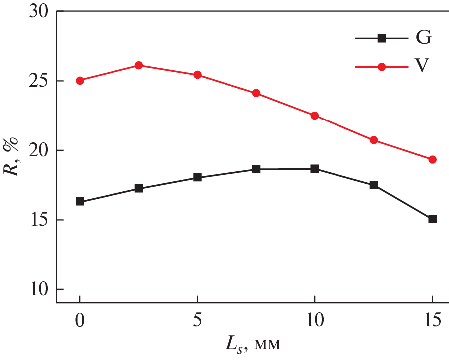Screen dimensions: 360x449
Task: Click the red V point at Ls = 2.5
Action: tap(139, 65)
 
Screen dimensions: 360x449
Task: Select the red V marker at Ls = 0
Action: tap(80, 80)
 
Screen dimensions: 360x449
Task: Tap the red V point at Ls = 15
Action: tap(432, 159)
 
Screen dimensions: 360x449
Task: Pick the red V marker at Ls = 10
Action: tap(315, 116)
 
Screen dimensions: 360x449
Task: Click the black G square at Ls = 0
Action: tap(80, 202)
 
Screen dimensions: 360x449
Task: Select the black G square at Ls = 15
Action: tap(432, 219)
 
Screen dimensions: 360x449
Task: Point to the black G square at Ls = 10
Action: tap(315, 169)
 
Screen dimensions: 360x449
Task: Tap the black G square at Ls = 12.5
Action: tap(374, 185)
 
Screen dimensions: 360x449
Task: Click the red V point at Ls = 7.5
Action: tap(256, 93)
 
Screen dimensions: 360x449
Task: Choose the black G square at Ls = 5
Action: tap(197, 177)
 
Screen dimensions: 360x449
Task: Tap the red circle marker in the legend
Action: tap(382, 67)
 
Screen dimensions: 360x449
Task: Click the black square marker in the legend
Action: tap(382, 38)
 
